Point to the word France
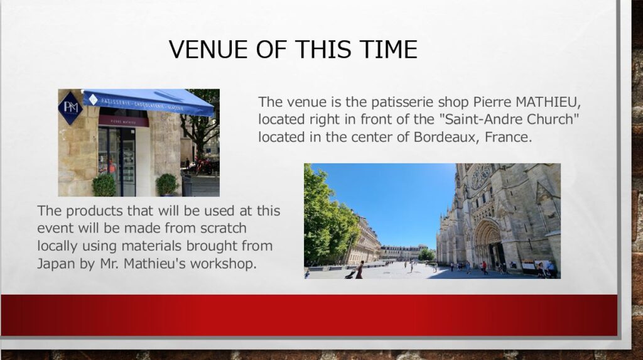[x=508, y=137]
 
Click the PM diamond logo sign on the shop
[x=70, y=107]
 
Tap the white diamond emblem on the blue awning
[x=93, y=99]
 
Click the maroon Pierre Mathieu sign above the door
[x=124, y=121]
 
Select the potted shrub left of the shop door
[x=104, y=185]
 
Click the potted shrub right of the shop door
[x=167, y=185]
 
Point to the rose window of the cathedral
[x=480, y=177]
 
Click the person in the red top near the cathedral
[x=485, y=268]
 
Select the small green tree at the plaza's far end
[x=426, y=254]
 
